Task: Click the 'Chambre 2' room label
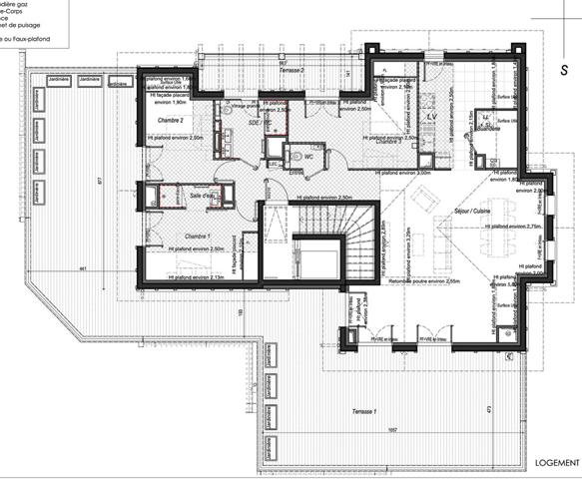point(166,119)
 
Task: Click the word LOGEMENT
point(554,463)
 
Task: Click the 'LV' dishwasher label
point(432,118)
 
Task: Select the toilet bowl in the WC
point(293,156)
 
